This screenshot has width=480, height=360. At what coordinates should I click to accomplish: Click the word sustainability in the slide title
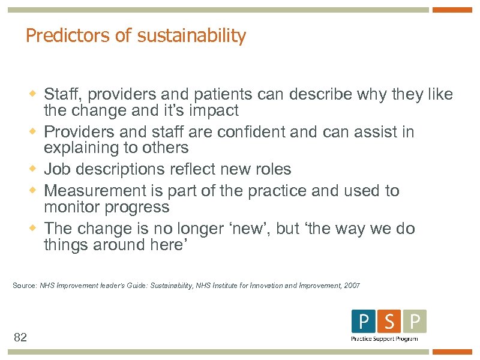pos(191,36)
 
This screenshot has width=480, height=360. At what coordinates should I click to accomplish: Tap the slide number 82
pos(20,338)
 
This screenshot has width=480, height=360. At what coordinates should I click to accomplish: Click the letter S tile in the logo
pos(389,322)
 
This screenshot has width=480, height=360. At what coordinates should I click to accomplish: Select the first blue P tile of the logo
pos(363,322)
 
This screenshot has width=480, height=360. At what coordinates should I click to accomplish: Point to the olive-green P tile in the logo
pos(415,322)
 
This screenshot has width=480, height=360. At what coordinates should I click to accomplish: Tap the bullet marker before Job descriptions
pos(34,169)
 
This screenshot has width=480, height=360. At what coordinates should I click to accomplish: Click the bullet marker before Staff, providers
pos(34,95)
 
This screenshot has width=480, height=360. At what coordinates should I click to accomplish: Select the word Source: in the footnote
pos(25,286)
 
